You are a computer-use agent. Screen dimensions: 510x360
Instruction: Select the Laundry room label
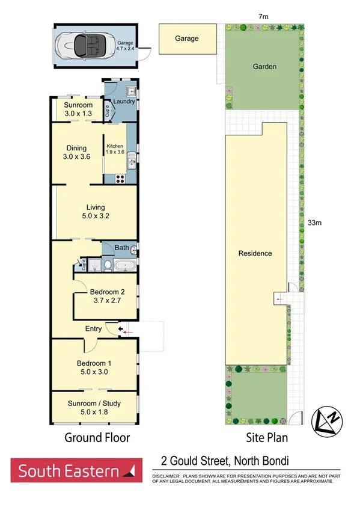(x=124, y=102)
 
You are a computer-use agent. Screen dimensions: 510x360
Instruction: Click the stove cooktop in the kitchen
(x=119, y=177)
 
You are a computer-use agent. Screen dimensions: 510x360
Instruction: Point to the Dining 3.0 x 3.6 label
(x=76, y=153)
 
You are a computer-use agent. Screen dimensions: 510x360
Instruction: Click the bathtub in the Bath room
(x=126, y=265)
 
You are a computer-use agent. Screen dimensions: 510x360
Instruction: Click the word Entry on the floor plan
(x=94, y=328)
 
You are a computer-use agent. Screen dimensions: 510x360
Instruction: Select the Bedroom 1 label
(x=94, y=363)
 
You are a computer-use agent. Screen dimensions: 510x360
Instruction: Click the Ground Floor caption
(x=97, y=438)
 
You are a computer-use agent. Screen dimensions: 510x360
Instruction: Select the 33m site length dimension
(x=315, y=223)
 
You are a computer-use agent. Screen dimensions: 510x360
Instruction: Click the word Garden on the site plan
(x=264, y=67)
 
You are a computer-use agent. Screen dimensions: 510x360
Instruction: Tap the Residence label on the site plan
(x=255, y=253)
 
